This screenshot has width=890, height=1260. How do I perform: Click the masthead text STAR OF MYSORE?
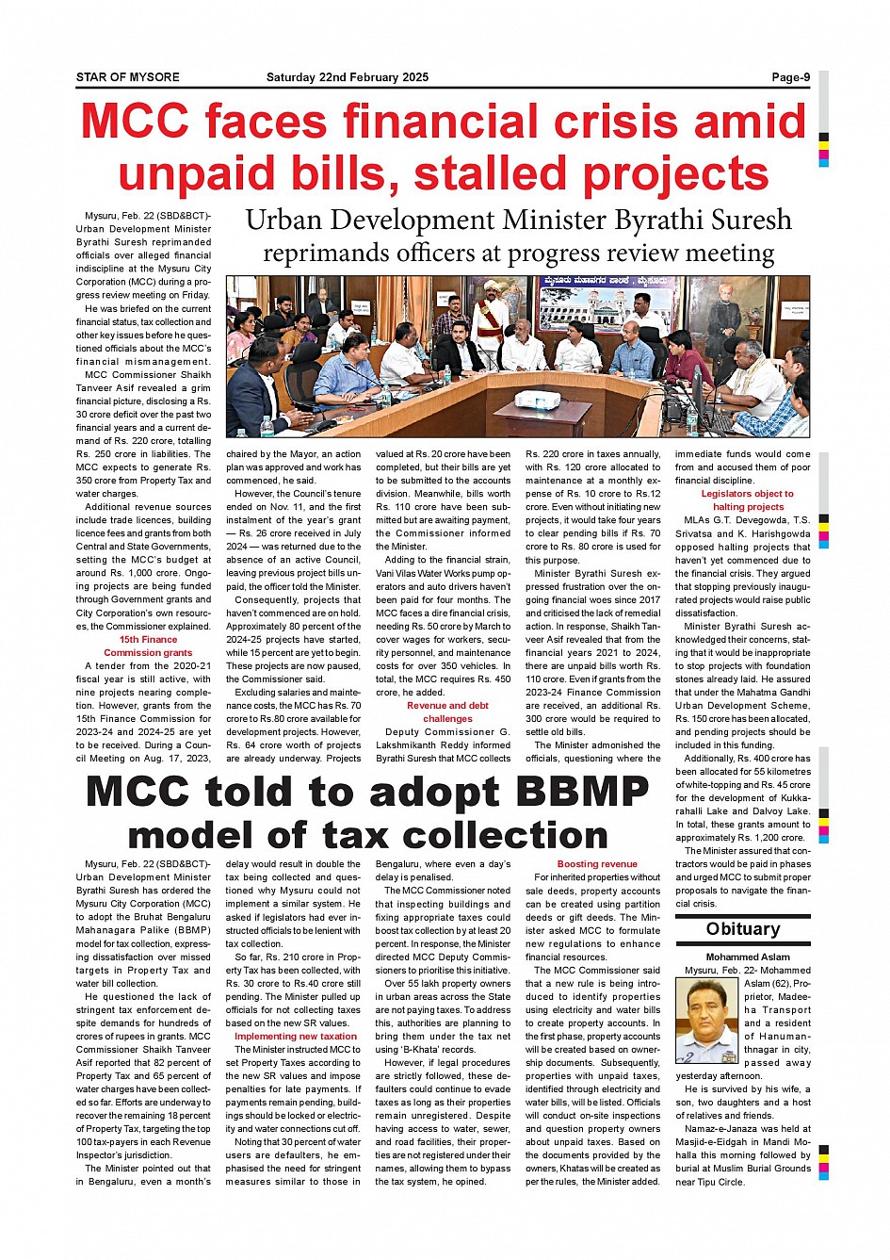tap(127, 77)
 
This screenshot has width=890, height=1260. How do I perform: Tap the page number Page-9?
tap(790, 77)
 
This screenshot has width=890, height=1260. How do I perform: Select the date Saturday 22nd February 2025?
tap(347, 77)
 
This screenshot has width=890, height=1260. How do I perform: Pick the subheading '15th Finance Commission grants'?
tap(148, 646)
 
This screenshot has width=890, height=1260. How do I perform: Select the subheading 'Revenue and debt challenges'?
tap(447, 712)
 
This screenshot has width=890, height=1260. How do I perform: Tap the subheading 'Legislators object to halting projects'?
tap(748, 500)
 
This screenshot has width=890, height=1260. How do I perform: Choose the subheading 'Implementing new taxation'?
tap(296, 1036)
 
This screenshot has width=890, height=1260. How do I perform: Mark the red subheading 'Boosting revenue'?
tap(597, 863)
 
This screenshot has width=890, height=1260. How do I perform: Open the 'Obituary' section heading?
tap(743, 929)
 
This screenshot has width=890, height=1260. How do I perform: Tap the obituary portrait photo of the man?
tap(706, 1021)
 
